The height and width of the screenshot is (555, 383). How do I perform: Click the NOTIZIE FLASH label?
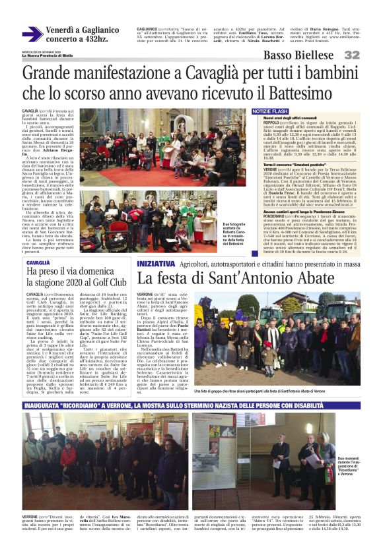tap(271, 111)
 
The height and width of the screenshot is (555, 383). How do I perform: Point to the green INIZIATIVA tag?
tap(157, 264)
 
